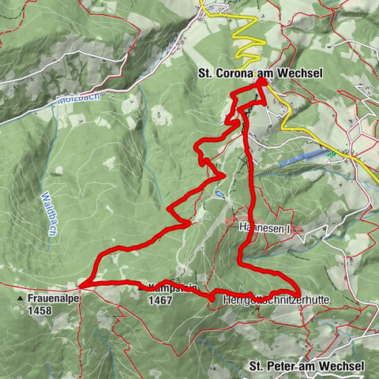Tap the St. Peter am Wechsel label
pyautogui.click(x=306, y=344)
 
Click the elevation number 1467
pyautogui.click(x=160, y=301)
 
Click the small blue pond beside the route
pyautogui.click(x=218, y=193)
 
